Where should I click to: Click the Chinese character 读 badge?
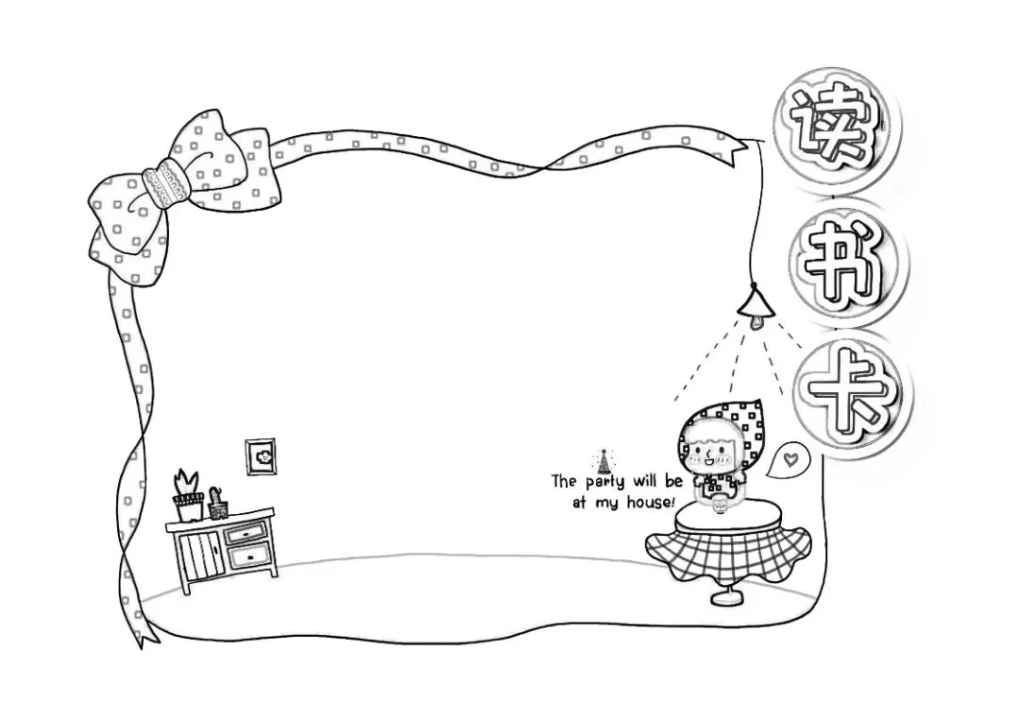click(832, 124)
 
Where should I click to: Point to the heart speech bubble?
click(790, 460)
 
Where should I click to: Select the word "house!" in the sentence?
click(652, 503)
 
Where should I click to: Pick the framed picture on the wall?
click(259, 457)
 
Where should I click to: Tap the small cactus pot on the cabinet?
click(219, 505)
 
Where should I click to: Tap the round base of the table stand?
click(726, 597)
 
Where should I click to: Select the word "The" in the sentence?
click(564, 482)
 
